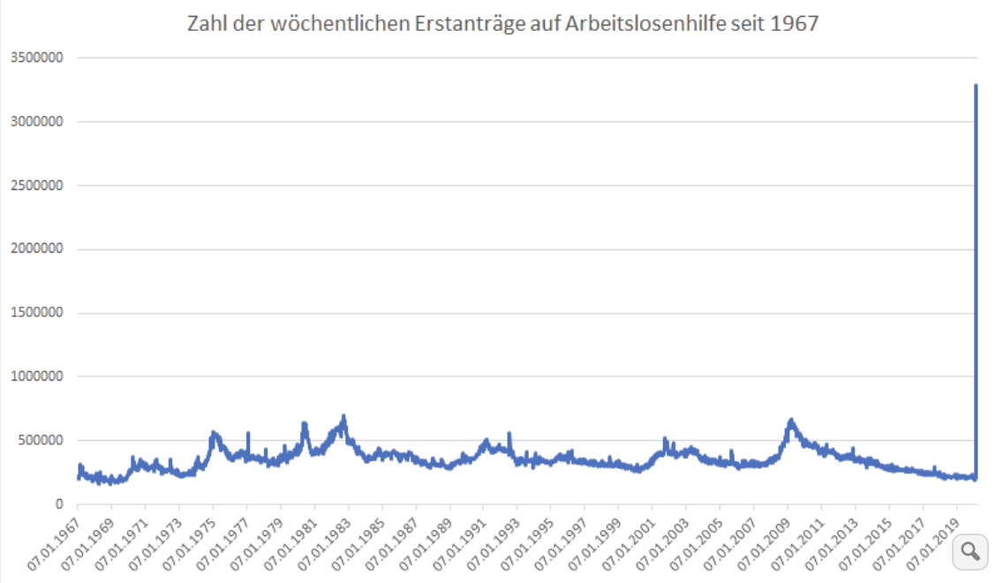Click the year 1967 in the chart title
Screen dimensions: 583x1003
point(796,24)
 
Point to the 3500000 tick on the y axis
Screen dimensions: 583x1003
point(38,58)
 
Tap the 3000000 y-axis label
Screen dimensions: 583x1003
point(38,122)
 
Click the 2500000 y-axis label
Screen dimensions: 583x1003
point(38,185)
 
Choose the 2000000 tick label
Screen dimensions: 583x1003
point(38,249)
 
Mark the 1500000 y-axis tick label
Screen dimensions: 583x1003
point(38,313)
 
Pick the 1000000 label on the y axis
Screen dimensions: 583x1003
point(38,376)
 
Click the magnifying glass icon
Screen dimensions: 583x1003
point(969,551)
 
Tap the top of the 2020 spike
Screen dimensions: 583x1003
point(976,86)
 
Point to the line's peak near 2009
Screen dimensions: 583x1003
point(791,420)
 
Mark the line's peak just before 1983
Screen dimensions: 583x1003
point(343,416)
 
